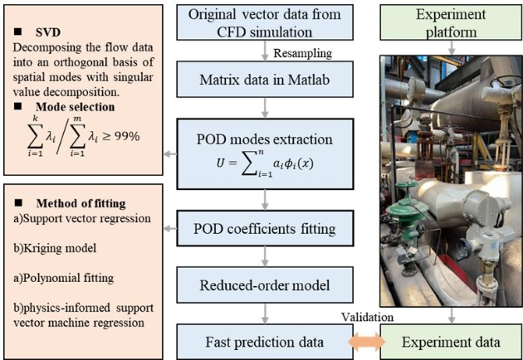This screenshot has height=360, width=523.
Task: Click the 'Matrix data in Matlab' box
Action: coord(265,82)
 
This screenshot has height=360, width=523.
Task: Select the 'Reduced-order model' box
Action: coord(265,285)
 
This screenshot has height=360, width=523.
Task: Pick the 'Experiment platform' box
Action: coord(451,22)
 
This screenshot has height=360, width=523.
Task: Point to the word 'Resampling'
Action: coord(308,52)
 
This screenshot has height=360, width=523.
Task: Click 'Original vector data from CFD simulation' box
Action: coord(265,22)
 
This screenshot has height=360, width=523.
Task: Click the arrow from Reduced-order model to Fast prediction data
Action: coord(265,313)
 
